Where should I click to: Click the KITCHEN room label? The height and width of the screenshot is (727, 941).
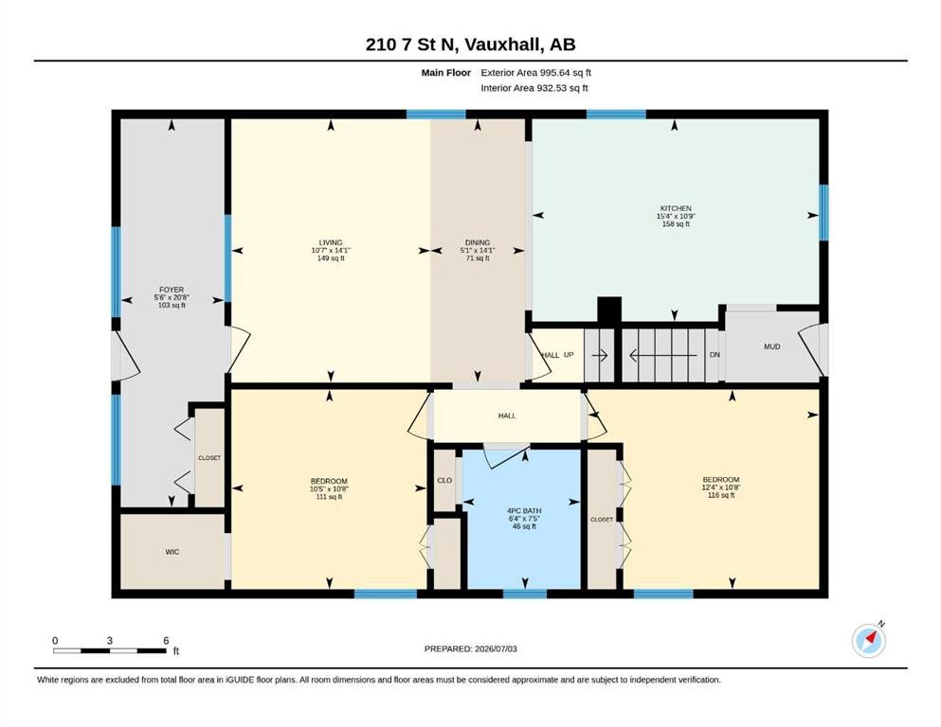676,208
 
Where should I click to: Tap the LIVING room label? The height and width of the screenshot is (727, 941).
331,242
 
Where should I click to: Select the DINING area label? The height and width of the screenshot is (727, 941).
478,242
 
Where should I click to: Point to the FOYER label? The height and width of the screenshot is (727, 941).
172,290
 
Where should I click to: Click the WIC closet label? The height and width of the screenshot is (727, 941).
172,552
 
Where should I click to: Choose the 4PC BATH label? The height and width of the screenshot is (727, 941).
524,511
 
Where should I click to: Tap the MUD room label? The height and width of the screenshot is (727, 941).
771,346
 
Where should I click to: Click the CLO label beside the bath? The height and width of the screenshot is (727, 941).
444,480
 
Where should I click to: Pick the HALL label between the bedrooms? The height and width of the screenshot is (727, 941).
507,416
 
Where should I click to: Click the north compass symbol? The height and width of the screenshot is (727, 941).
869,640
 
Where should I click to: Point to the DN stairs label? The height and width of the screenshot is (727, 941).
715,355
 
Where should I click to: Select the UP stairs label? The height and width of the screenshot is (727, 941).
569,355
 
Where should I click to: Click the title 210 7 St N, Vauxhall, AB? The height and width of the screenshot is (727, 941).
470,44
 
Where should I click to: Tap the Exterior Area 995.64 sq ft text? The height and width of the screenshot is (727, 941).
536,73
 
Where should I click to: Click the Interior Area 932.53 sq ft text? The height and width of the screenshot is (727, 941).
534,88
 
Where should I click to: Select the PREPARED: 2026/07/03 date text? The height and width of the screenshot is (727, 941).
470,648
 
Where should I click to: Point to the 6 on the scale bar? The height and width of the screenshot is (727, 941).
166,640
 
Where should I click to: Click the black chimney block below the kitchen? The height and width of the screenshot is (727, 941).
609,310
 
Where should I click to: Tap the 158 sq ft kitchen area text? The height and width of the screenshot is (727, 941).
676,224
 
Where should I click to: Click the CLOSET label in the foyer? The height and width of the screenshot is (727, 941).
209,458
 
